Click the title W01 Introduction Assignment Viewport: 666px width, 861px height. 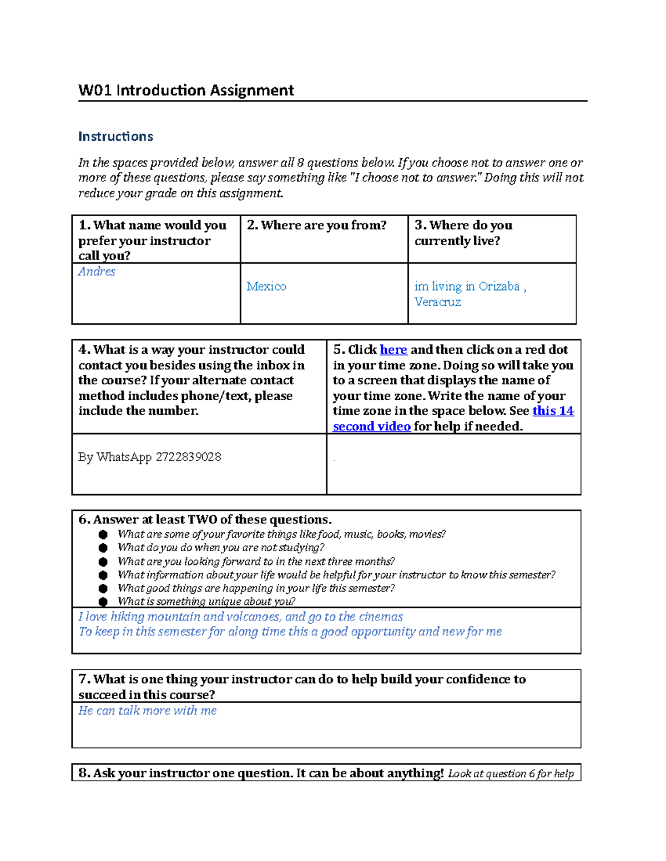click(x=186, y=90)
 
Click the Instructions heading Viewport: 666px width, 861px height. click(x=115, y=136)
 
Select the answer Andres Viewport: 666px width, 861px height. click(x=97, y=272)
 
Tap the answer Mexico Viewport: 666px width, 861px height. click(x=266, y=287)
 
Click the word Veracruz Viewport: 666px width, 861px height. click(x=437, y=302)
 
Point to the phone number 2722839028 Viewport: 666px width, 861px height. click(x=188, y=457)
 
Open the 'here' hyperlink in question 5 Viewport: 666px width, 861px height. click(x=393, y=350)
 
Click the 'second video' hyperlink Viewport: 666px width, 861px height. click(x=371, y=426)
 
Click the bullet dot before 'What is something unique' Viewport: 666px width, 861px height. click(x=103, y=602)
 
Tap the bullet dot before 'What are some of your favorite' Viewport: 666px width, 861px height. click(x=103, y=534)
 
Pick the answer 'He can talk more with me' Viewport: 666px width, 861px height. click(x=147, y=711)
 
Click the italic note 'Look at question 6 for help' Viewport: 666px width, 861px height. click(x=511, y=774)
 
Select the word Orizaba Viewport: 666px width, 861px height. click(x=499, y=287)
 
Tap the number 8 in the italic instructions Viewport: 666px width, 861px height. click(x=300, y=163)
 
